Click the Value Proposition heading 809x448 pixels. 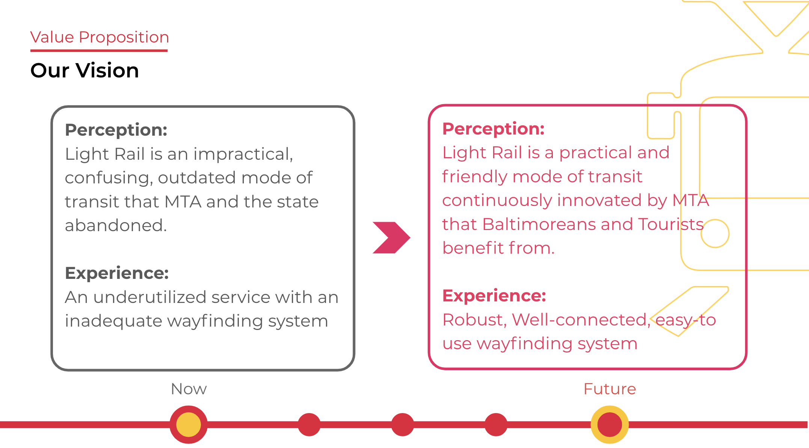click(x=100, y=37)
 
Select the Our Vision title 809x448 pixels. click(x=85, y=70)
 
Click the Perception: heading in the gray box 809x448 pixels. click(x=116, y=130)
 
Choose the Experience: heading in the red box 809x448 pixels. click(x=494, y=296)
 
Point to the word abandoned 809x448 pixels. click(x=116, y=226)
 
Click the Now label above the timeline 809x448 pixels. click(x=189, y=389)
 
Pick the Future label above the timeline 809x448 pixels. click(x=610, y=389)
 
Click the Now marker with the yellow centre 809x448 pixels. click(x=189, y=424)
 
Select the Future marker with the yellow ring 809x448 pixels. click(x=610, y=424)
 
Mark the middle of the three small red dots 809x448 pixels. click(x=403, y=424)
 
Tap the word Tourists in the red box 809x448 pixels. click(x=670, y=224)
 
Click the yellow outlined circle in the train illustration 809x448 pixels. click(x=715, y=233)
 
